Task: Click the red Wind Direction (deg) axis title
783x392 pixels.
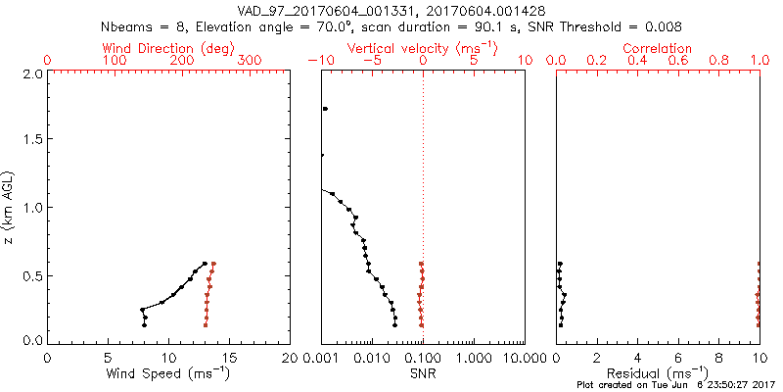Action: [x=168, y=48]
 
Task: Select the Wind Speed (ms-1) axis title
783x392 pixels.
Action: [x=168, y=372]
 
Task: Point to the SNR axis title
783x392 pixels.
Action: [x=423, y=372]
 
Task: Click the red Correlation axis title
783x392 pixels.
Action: [x=658, y=48]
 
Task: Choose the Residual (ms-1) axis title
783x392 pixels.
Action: [x=658, y=372]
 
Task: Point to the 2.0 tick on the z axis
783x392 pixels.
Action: [x=31, y=73]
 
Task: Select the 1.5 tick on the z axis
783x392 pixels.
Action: [x=31, y=140]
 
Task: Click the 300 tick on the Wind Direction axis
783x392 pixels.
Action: [x=250, y=61]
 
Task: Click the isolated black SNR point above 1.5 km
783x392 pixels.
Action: [x=325, y=109]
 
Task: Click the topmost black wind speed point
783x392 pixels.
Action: [x=205, y=263]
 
